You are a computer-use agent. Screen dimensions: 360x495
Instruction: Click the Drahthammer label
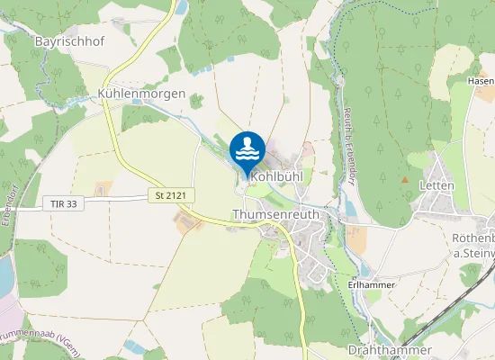click(389, 349)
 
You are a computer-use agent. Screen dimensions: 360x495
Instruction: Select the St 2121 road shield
click(167, 195)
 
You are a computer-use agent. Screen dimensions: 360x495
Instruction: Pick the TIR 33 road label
click(60, 204)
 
